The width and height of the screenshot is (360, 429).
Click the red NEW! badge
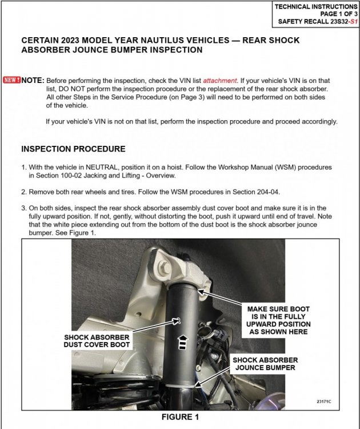coord(11,81)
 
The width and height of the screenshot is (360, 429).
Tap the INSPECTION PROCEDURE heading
coord(73,149)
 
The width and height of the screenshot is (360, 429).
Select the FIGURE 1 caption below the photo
coord(180,417)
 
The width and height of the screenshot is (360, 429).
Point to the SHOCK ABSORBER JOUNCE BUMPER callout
coord(265,363)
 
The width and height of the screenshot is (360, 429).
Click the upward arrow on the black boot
coord(183,342)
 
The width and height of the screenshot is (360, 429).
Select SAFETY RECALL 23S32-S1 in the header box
coord(316,22)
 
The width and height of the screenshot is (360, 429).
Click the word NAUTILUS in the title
coord(153,41)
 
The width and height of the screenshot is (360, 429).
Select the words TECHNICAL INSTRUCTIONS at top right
coord(315,6)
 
